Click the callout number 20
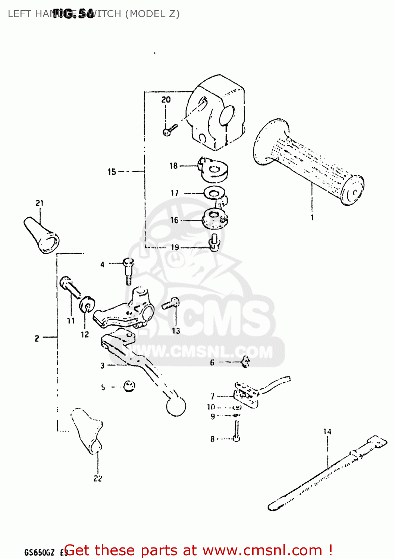[166, 100]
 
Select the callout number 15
[112, 172]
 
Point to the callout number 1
[312, 217]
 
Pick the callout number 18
[173, 166]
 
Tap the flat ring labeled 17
[214, 193]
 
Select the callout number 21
[40, 203]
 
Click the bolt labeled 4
[128, 270]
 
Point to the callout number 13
[176, 331]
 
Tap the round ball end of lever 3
[176, 406]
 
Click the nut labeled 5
[129, 386]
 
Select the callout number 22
[98, 478]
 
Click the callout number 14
[327, 432]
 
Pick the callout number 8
[213, 439]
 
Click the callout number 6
[212, 362]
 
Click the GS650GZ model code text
[40, 552]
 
